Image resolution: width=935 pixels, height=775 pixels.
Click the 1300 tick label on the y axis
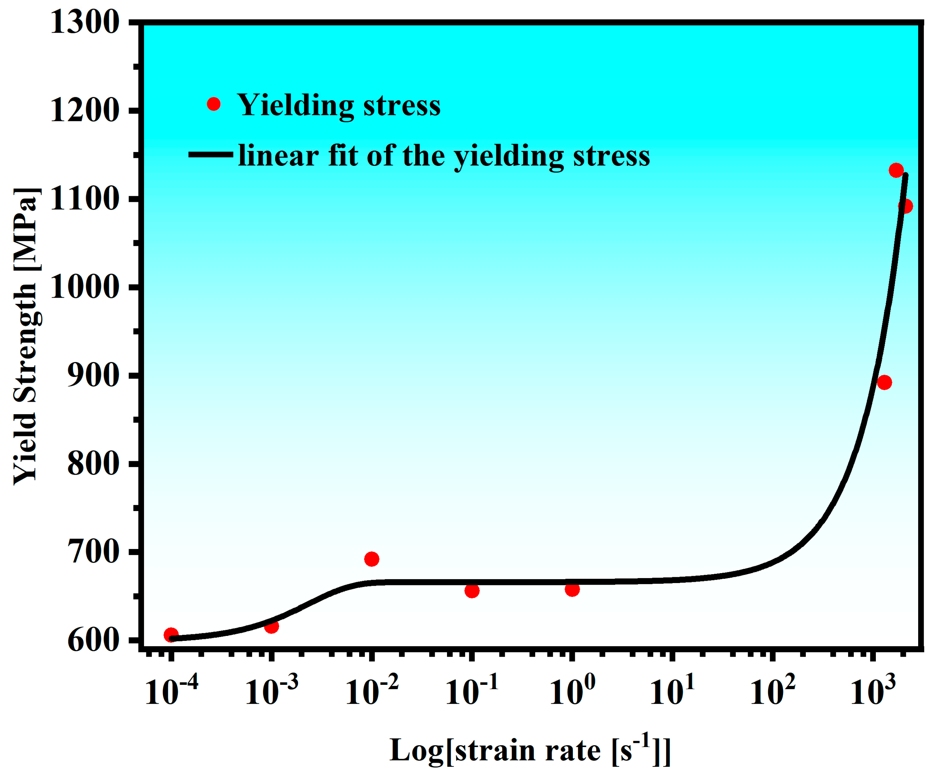85,22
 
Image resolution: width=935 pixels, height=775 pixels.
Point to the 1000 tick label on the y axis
85,287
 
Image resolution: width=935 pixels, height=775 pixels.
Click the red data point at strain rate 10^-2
372,559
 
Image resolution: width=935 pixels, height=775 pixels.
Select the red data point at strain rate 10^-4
171,635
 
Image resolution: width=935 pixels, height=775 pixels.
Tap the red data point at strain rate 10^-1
472,591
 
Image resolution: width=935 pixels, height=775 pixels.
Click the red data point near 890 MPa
884,383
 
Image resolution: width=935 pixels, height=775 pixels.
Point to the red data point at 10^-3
272,627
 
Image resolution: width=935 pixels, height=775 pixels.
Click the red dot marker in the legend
214,104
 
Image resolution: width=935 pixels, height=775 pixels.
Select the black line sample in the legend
210,155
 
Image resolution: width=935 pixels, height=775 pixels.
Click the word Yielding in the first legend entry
295,106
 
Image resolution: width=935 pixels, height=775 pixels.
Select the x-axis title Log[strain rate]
530,750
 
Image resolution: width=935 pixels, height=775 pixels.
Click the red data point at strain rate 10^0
572,590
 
